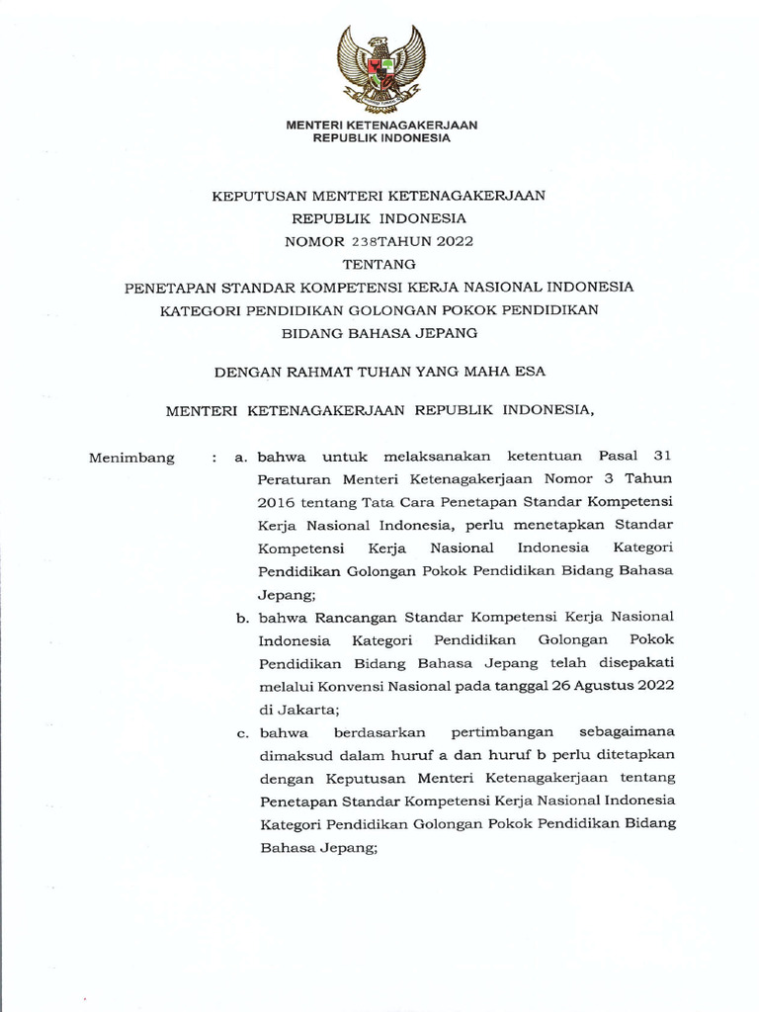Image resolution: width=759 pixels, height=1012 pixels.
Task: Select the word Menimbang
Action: click(131, 458)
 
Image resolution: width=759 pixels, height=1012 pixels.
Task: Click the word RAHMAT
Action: click(332, 372)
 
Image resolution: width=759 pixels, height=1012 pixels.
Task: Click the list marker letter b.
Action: click(240, 618)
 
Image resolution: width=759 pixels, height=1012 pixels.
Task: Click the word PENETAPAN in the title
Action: click(166, 288)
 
